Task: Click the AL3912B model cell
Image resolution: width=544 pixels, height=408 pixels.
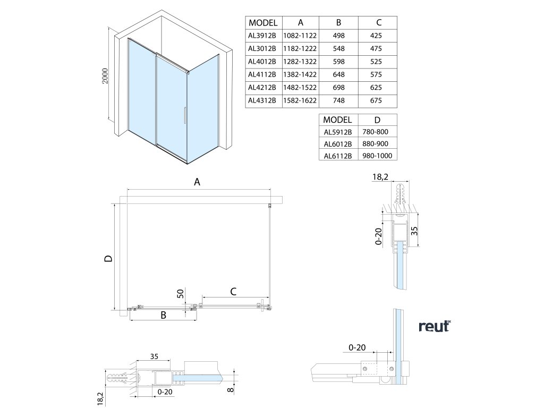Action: pos(262,36)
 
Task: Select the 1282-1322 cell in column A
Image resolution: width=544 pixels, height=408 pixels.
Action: pos(301,62)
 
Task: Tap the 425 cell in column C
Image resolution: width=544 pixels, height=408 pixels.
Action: pos(378,36)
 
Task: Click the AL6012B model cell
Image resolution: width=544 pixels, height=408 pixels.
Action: pos(337,143)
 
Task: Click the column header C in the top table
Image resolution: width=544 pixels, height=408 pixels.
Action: pos(378,22)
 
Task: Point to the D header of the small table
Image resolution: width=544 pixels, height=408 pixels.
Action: pos(378,120)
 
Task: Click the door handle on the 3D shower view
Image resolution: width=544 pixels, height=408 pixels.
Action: pos(184,116)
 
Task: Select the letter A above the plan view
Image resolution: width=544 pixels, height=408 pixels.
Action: pos(197,182)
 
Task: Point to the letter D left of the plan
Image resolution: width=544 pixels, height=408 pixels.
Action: pos(108,259)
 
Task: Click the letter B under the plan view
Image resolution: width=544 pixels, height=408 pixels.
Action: pos(164,315)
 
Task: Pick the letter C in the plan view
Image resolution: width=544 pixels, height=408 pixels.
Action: pos(233,291)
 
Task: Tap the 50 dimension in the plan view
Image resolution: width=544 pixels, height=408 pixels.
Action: pos(181,294)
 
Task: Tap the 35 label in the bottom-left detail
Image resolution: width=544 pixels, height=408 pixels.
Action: pos(155,356)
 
